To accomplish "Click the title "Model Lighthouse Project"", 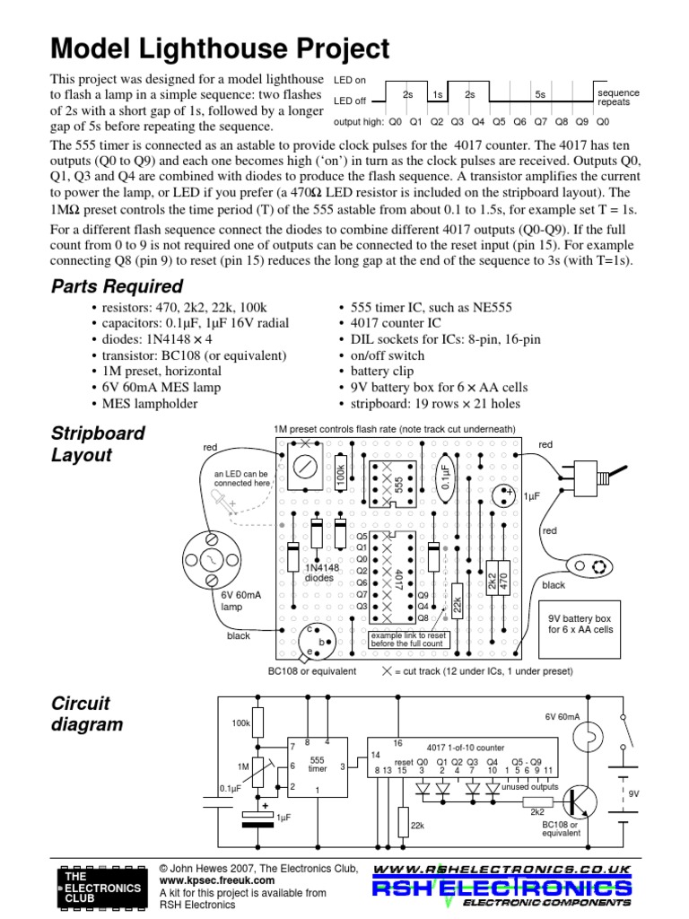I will click(x=220, y=48).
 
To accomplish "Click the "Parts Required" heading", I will click(x=117, y=287).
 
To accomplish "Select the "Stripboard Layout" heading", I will click(x=98, y=444).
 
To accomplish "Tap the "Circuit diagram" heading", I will click(x=87, y=713).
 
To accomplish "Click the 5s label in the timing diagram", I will click(x=540, y=94).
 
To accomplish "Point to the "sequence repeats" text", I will click(x=618, y=97).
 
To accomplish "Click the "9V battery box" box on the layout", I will click(x=580, y=624).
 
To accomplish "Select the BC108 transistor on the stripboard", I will click(x=319, y=639).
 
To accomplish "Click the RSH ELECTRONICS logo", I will click(x=501, y=888).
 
